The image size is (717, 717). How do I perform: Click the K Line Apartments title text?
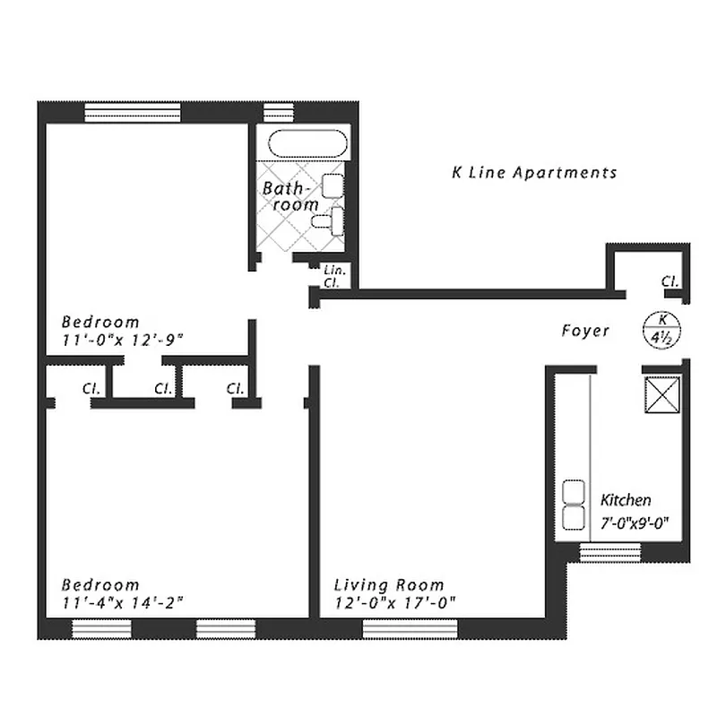click(x=534, y=173)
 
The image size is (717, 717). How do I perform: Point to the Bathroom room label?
click(x=289, y=197)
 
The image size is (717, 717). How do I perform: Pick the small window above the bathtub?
click(x=279, y=113)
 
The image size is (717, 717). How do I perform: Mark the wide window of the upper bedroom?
click(x=133, y=113)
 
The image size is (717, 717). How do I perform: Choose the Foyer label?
click(x=585, y=331)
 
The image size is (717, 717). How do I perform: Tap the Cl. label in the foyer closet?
click(x=669, y=281)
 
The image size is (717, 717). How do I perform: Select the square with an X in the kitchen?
click(x=661, y=396)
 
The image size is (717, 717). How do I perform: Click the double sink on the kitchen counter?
click(x=572, y=505)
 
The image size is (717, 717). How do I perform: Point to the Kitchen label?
click(x=626, y=500)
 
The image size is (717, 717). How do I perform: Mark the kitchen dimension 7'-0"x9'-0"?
click(x=635, y=520)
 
